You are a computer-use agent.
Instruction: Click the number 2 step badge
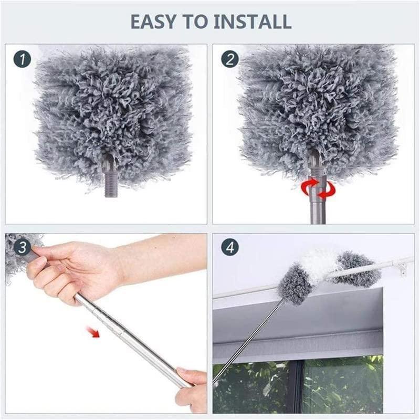229,58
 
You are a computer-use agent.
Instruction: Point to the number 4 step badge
229,247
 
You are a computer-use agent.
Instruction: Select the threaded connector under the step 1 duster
111,181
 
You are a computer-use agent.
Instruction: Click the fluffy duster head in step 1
110,105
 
